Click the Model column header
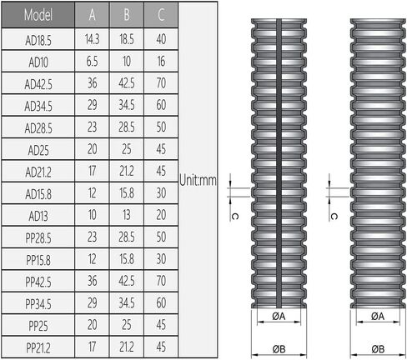[38, 15]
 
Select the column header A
[93, 15]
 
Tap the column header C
[161, 15]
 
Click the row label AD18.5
[38, 41]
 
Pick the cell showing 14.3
[93, 39]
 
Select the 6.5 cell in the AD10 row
[92, 62]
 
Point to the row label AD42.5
[38, 84]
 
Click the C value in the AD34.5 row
[161, 105]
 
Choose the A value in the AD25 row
[93, 149]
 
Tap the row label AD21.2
[38, 172]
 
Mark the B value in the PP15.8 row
[127, 259]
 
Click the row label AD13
[38, 217]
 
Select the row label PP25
[38, 326]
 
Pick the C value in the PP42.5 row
[161, 281]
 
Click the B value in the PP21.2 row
[127, 347]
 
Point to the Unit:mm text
[198, 180]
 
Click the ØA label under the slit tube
[279, 316]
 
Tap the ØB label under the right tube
[378, 349]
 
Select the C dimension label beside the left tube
[234, 217]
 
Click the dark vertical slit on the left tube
[279, 163]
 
